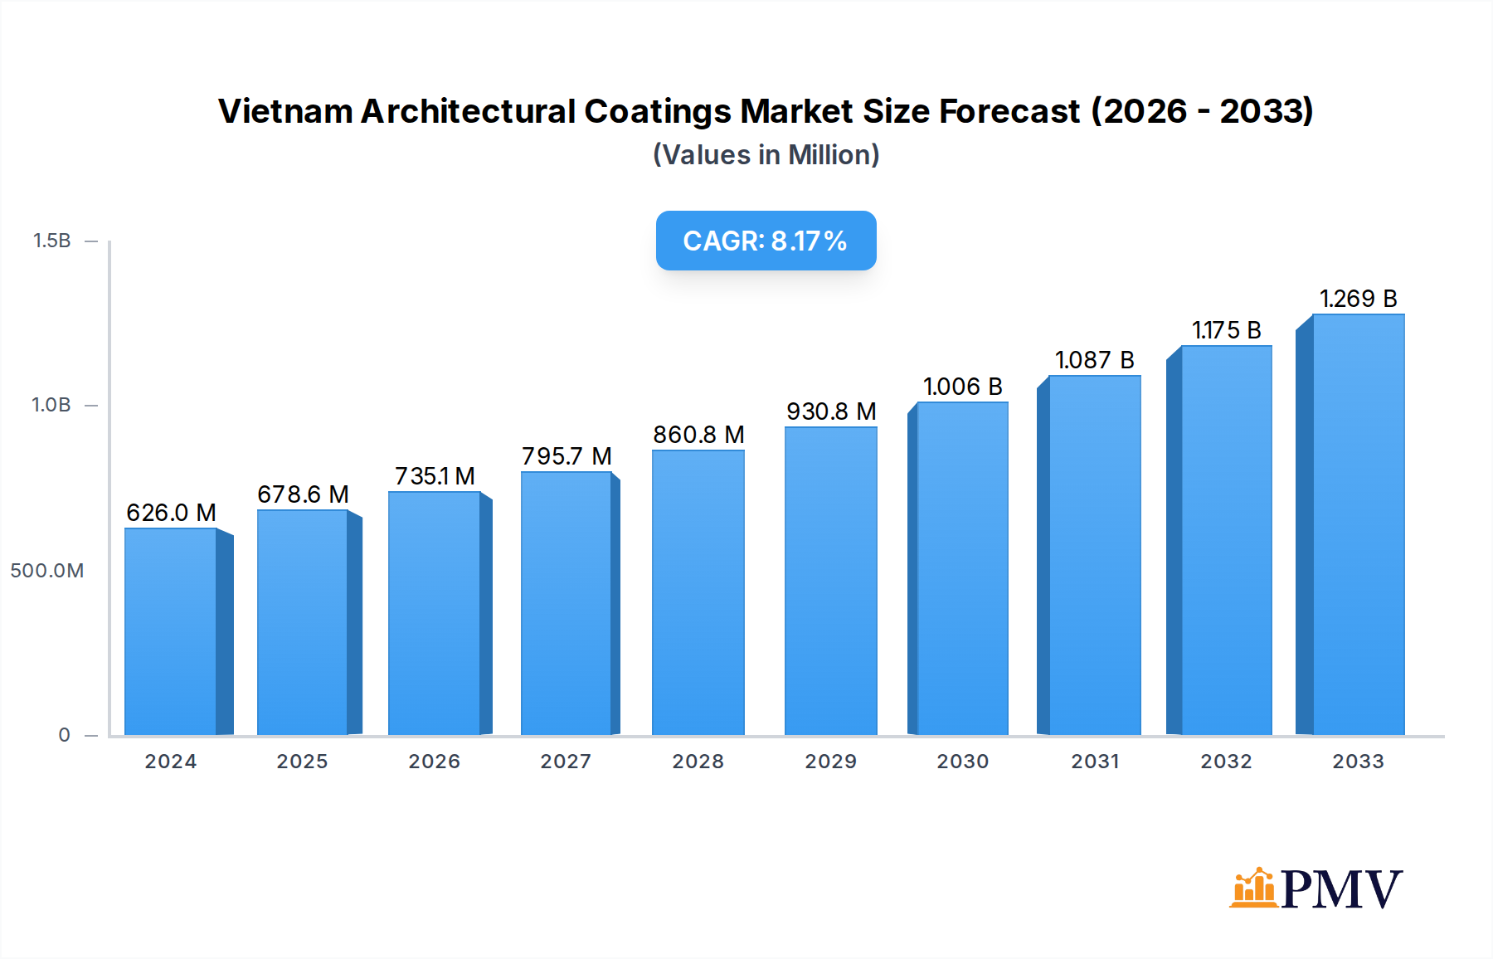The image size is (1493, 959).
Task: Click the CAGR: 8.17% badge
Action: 766,241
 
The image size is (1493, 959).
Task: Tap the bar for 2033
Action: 1358,524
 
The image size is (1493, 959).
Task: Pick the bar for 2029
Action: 830,581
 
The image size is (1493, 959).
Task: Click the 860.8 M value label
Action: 698,435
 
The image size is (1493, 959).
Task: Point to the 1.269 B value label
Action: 1358,299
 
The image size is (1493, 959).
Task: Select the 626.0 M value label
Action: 171,513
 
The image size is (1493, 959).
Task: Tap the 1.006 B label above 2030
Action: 962,387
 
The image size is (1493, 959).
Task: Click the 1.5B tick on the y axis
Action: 51,241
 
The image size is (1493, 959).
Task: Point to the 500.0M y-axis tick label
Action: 47,571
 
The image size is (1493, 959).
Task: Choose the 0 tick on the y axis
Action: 64,735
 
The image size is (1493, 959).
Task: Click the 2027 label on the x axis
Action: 566,762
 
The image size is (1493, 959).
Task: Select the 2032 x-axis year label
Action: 1226,762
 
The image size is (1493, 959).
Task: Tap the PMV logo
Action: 1315,888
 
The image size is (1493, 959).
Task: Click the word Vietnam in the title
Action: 285,111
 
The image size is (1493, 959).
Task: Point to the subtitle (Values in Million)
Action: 766,155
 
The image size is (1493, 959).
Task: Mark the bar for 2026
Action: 435,614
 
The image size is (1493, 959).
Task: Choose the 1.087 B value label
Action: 1094,360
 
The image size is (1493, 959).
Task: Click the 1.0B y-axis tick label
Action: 51,405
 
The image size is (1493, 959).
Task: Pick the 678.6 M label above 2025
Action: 303,494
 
